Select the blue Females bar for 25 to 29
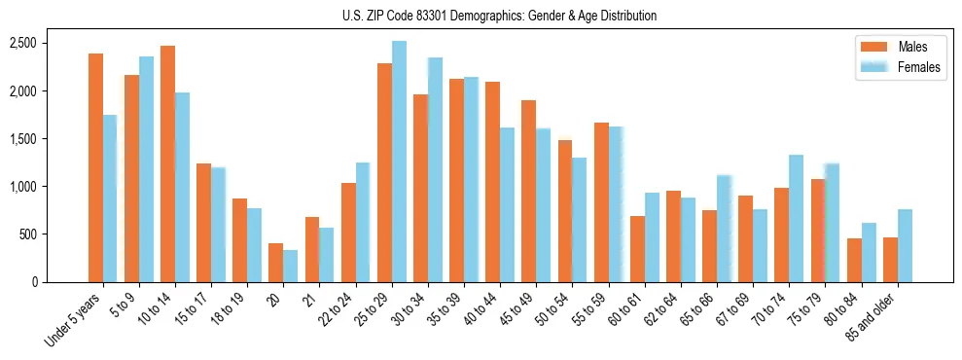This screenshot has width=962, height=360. click(x=399, y=162)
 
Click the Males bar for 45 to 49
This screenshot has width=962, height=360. click(x=528, y=191)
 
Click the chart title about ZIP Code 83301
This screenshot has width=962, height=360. click(x=499, y=16)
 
